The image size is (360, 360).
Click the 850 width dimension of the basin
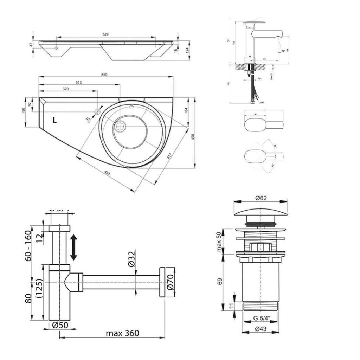click(x=104, y=74)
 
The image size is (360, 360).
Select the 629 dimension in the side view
click(x=105, y=34)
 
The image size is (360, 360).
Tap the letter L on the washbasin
click(x=54, y=120)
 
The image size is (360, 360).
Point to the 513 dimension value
click(x=78, y=83)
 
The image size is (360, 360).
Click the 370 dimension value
click(x=66, y=89)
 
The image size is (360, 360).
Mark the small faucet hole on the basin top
click(x=97, y=112)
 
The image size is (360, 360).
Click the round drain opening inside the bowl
click(x=120, y=125)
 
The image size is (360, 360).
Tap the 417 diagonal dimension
click(x=169, y=155)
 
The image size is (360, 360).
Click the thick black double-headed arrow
click(x=73, y=247)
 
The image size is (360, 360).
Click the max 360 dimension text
click(x=122, y=333)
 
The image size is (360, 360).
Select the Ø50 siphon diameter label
click(x=60, y=325)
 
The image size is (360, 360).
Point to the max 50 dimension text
click(x=220, y=242)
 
